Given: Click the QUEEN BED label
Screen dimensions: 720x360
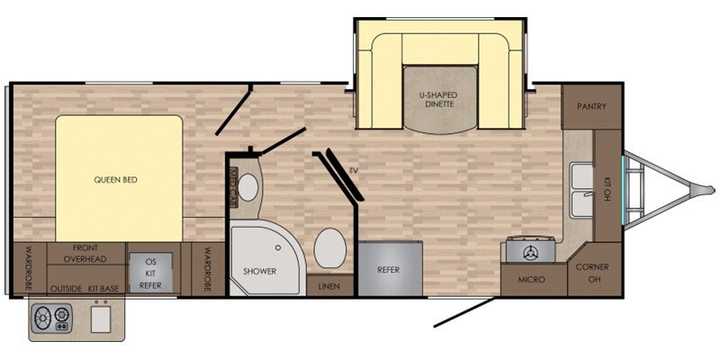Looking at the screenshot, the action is click(x=116, y=180).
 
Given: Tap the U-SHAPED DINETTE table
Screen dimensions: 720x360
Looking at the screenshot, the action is click(x=440, y=100).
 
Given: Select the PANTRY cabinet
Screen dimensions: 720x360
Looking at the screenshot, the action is click(x=592, y=106).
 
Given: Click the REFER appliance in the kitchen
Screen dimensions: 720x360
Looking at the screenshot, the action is click(x=390, y=268).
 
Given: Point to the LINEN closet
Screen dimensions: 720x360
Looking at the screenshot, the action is click(x=329, y=285).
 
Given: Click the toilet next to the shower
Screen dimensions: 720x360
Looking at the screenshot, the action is click(x=329, y=248).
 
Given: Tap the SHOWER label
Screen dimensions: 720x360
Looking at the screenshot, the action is click(x=260, y=272).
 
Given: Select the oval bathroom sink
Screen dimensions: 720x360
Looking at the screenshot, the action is click(x=248, y=187).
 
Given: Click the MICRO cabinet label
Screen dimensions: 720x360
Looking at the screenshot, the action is click(x=531, y=280).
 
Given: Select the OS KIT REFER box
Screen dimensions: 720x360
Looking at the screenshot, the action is click(x=150, y=273).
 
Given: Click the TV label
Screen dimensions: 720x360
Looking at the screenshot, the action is click(x=353, y=171).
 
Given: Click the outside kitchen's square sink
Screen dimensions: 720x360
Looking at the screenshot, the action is click(x=101, y=319).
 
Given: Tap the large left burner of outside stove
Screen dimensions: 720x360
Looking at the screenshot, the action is click(x=43, y=317).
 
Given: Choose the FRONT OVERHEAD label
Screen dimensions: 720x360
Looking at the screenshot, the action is click(x=85, y=254).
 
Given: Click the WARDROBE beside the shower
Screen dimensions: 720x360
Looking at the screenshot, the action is click(x=207, y=269).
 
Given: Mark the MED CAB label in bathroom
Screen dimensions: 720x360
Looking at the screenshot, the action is click(x=232, y=187).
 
